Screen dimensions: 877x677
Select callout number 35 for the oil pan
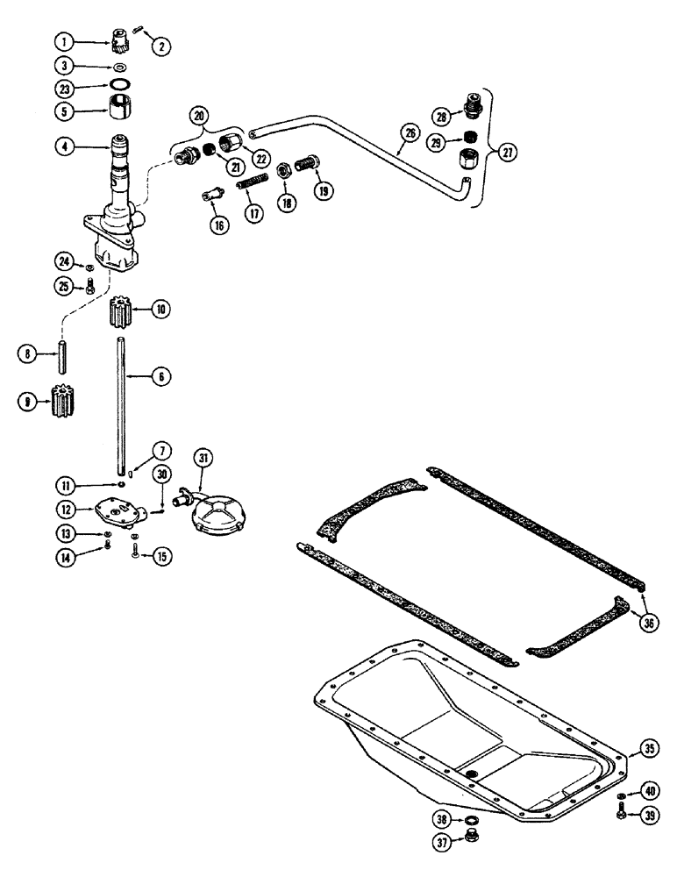(x=648, y=748)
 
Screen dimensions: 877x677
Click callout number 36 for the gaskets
(x=647, y=624)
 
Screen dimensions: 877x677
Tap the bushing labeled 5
(x=118, y=112)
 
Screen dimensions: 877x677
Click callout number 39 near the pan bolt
(x=647, y=815)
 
